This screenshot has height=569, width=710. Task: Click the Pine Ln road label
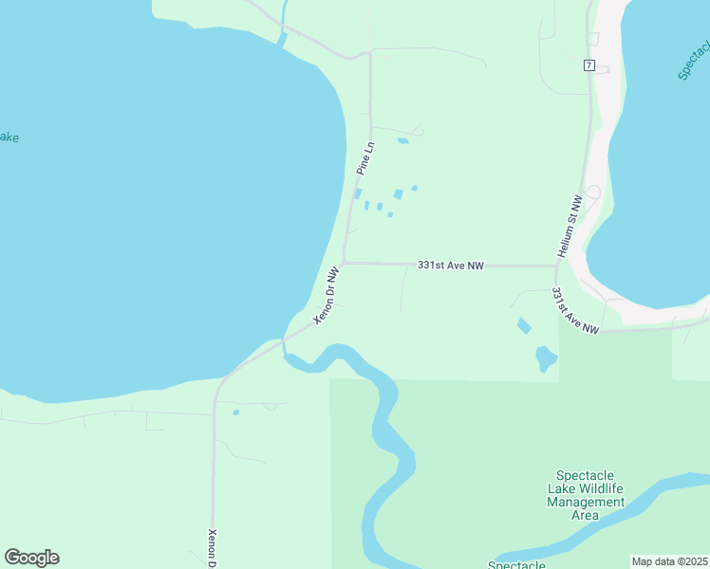(x=366, y=157)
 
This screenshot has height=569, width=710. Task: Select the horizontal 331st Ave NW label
(x=450, y=266)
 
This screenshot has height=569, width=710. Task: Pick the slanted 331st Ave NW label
(x=575, y=311)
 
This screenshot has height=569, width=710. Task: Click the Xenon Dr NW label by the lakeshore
(x=327, y=293)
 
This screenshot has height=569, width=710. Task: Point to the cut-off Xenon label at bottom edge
(x=213, y=548)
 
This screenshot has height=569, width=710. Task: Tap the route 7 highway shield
(x=589, y=65)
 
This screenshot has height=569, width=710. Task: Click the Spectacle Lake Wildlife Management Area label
(x=586, y=494)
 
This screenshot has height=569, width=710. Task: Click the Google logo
(x=31, y=558)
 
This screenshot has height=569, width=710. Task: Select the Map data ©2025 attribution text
(x=668, y=561)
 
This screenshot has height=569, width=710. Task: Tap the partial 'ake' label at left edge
(x=8, y=138)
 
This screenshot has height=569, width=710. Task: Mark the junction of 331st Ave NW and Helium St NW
(x=556, y=266)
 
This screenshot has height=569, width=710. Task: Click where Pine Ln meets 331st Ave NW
(x=344, y=263)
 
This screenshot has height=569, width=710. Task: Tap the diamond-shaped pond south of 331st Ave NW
(x=524, y=325)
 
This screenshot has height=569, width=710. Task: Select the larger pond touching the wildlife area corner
(x=546, y=358)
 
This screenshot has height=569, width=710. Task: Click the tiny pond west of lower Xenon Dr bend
(x=235, y=413)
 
